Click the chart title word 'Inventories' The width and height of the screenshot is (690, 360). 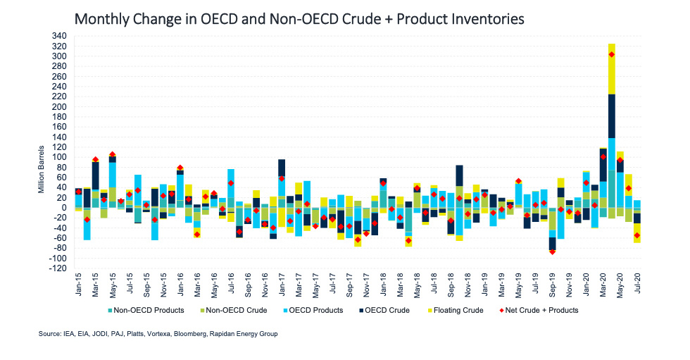coord(482,19)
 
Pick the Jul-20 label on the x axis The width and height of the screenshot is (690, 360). coord(637,287)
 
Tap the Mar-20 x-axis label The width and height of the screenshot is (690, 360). coord(603,287)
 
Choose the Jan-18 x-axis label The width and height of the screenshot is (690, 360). coord(383,287)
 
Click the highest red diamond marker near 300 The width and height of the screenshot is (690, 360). coord(612,54)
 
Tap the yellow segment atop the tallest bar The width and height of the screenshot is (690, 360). coord(612,68)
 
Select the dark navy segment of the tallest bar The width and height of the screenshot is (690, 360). coord(612,116)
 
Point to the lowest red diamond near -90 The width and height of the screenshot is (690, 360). coord(553,252)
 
